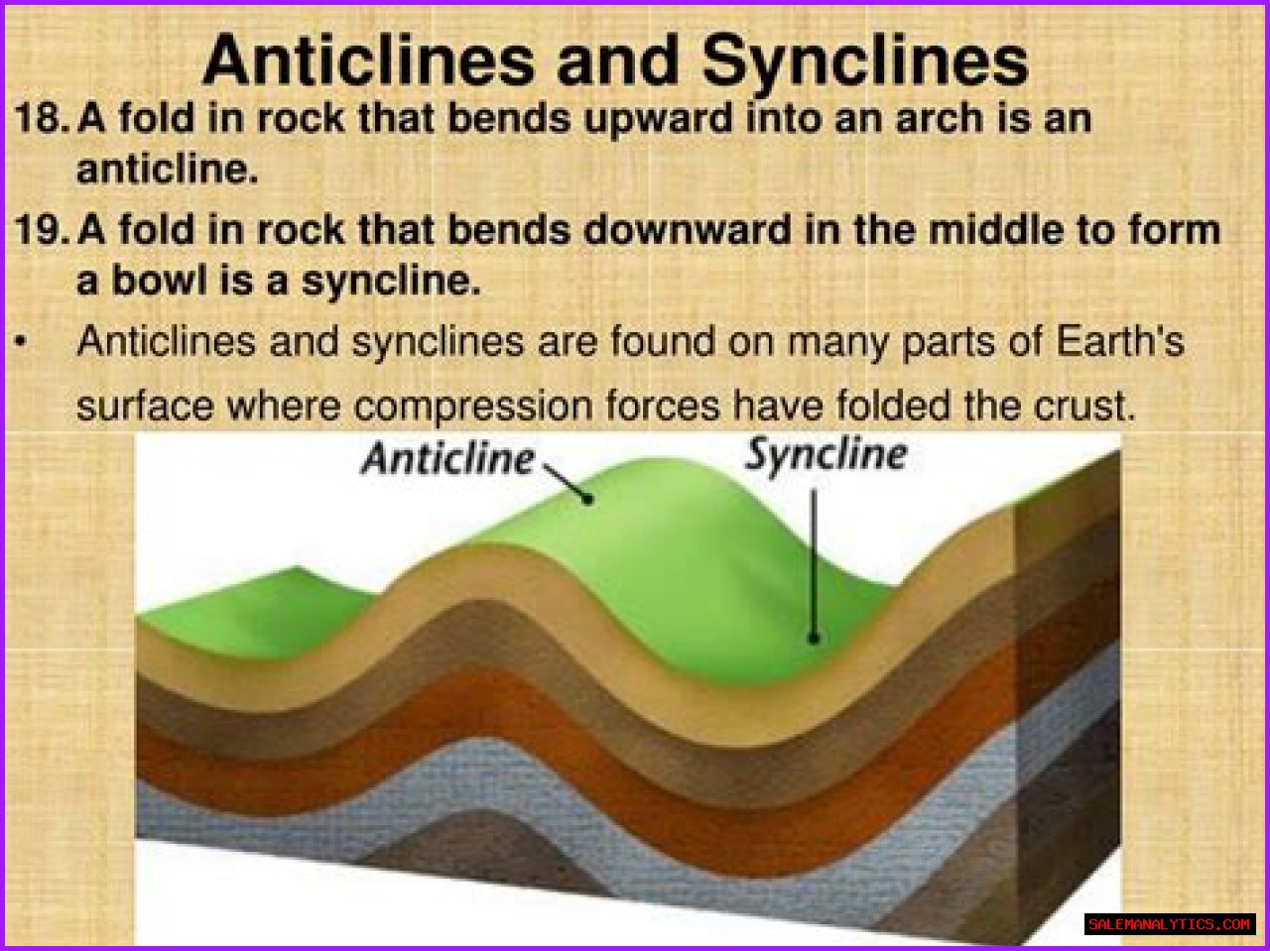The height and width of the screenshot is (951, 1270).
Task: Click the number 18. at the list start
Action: [x=41, y=118]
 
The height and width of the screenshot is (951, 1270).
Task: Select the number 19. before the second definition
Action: [x=41, y=229]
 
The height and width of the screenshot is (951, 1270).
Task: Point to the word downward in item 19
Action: [x=687, y=229]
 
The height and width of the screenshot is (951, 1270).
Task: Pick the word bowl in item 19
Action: [x=159, y=281]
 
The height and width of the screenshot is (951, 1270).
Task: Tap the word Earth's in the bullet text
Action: [x=1119, y=341]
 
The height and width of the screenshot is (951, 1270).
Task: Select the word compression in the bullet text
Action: [x=472, y=408]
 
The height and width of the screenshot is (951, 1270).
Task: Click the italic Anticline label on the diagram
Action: [x=447, y=459]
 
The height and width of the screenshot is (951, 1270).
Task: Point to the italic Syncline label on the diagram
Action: [x=825, y=455]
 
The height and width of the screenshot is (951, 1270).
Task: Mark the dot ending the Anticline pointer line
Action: [x=587, y=499]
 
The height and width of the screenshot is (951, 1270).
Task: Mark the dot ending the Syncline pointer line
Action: [x=814, y=639]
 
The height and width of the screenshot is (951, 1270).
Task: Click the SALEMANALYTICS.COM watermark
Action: [x=1170, y=924]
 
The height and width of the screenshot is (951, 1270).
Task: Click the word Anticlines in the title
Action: [x=368, y=60]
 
